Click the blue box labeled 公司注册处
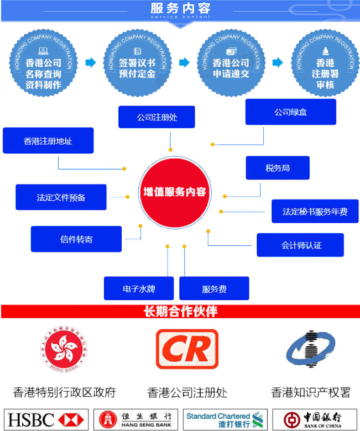click(x=156, y=117)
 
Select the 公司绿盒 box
click(x=290, y=112)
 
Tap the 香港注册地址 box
click(x=48, y=141)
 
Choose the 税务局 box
click(x=277, y=168)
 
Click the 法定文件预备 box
click(x=61, y=197)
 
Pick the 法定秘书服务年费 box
click(x=315, y=212)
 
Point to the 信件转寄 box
click(x=76, y=239)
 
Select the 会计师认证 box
click(x=300, y=245)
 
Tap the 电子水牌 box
click(x=139, y=288)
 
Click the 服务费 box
click(x=214, y=288)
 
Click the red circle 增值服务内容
click(x=174, y=192)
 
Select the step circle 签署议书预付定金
click(x=137, y=62)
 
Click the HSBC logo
click(x=46, y=419)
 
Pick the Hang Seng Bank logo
click(x=135, y=419)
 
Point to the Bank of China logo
click(x=314, y=419)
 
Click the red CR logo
click(x=187, y=349)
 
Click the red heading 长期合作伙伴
click(x=180, y=312)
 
